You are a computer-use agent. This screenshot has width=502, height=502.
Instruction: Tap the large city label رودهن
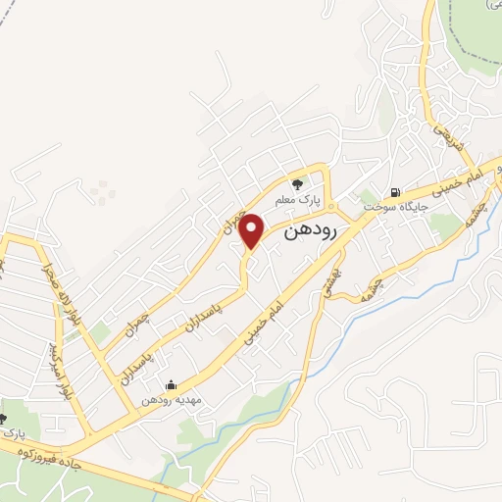tap(311, 232)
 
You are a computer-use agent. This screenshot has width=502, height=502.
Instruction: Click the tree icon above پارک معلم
tap(298, 182)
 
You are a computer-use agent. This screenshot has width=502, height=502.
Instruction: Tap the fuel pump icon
tap(394, 192)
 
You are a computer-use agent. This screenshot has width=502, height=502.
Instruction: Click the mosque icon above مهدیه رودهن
tap(172, 384)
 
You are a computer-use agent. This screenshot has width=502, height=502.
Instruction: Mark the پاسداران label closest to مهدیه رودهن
tap(135, 358)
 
